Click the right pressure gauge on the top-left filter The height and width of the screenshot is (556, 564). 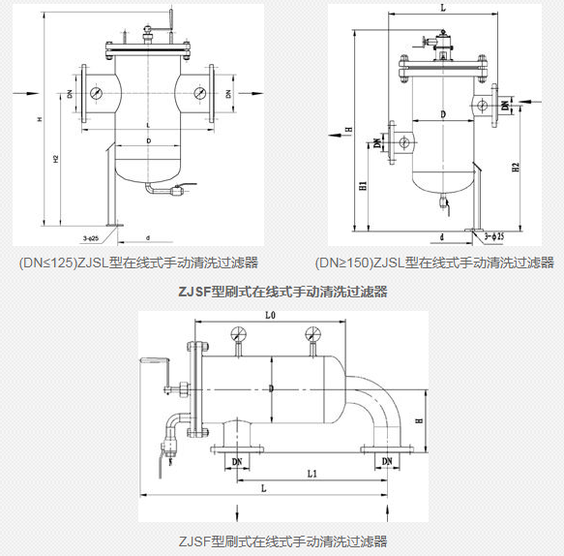pos(198,94)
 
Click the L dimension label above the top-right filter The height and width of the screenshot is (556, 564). pos(442,7)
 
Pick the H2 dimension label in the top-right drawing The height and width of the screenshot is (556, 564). pos(517,167)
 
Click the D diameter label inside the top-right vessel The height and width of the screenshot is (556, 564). pos(442,115)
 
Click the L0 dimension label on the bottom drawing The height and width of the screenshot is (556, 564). pos(271,317)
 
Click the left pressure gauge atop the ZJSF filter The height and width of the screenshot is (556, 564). pos(237,335)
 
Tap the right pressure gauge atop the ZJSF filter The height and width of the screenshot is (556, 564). pos(312,335)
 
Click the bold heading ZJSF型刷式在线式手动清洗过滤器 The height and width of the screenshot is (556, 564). pos(282,291)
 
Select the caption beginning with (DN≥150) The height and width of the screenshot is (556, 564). pos(434,263)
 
